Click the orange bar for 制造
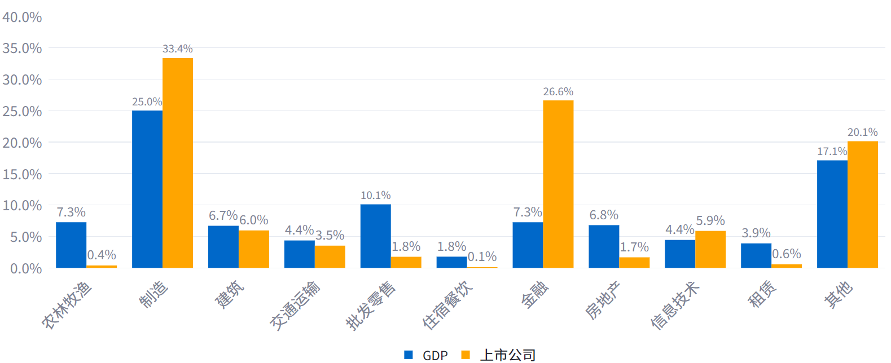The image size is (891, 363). (178, 163)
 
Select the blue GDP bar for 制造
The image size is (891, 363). (147, 189)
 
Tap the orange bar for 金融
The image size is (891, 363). (558, 184)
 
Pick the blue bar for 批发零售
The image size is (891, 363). (375, 236)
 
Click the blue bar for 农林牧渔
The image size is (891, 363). (71, 245)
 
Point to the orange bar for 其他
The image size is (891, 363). (862, 204)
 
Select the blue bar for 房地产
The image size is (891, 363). (604, 246)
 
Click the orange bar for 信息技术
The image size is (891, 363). (710, 249)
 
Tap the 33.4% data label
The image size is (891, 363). (178, 49)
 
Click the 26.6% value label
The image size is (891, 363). (558, 91)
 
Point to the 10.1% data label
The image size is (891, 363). (375, 195)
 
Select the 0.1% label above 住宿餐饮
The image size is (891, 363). (482, 257)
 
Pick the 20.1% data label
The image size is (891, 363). (862, 132)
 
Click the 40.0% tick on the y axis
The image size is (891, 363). (22, 17)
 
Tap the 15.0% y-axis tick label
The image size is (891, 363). (22, 174)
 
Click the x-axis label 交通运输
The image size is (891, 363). (295, 305)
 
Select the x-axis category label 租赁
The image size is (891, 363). (762, 294)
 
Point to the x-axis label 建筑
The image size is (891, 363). (230, 294)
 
